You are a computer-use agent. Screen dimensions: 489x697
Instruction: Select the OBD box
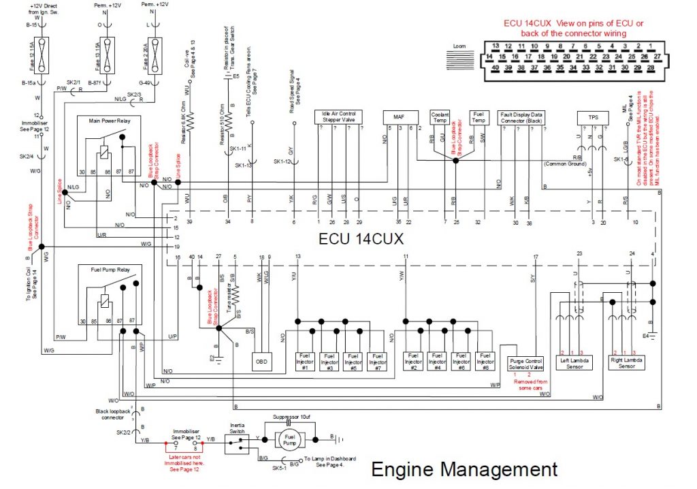262,362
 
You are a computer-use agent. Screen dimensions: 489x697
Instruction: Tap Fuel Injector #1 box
305,361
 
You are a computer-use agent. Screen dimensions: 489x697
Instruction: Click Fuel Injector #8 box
484,361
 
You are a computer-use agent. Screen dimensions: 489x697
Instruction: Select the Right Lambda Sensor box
626,362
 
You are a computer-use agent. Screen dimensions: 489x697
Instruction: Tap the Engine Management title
464,469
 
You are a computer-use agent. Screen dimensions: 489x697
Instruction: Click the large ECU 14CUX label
361,239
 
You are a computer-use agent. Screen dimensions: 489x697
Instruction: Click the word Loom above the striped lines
460,46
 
